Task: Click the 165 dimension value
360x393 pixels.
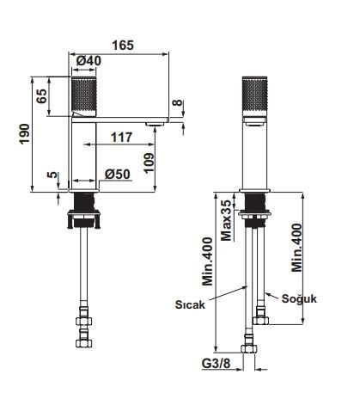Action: coord(123,46)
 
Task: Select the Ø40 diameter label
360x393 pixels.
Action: coord(89,60)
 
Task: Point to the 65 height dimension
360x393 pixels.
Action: coord(41,96)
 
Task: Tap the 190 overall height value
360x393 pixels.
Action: coord(24,134)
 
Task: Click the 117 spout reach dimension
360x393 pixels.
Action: coord(122,138)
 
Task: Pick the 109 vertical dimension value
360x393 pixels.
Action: coord(149,163)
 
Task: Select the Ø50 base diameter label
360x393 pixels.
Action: coord(117,174)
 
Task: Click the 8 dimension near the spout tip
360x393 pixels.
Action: coord(178,103)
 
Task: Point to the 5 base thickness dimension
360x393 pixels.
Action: coord(52,175)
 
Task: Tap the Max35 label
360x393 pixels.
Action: coord(226,220)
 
